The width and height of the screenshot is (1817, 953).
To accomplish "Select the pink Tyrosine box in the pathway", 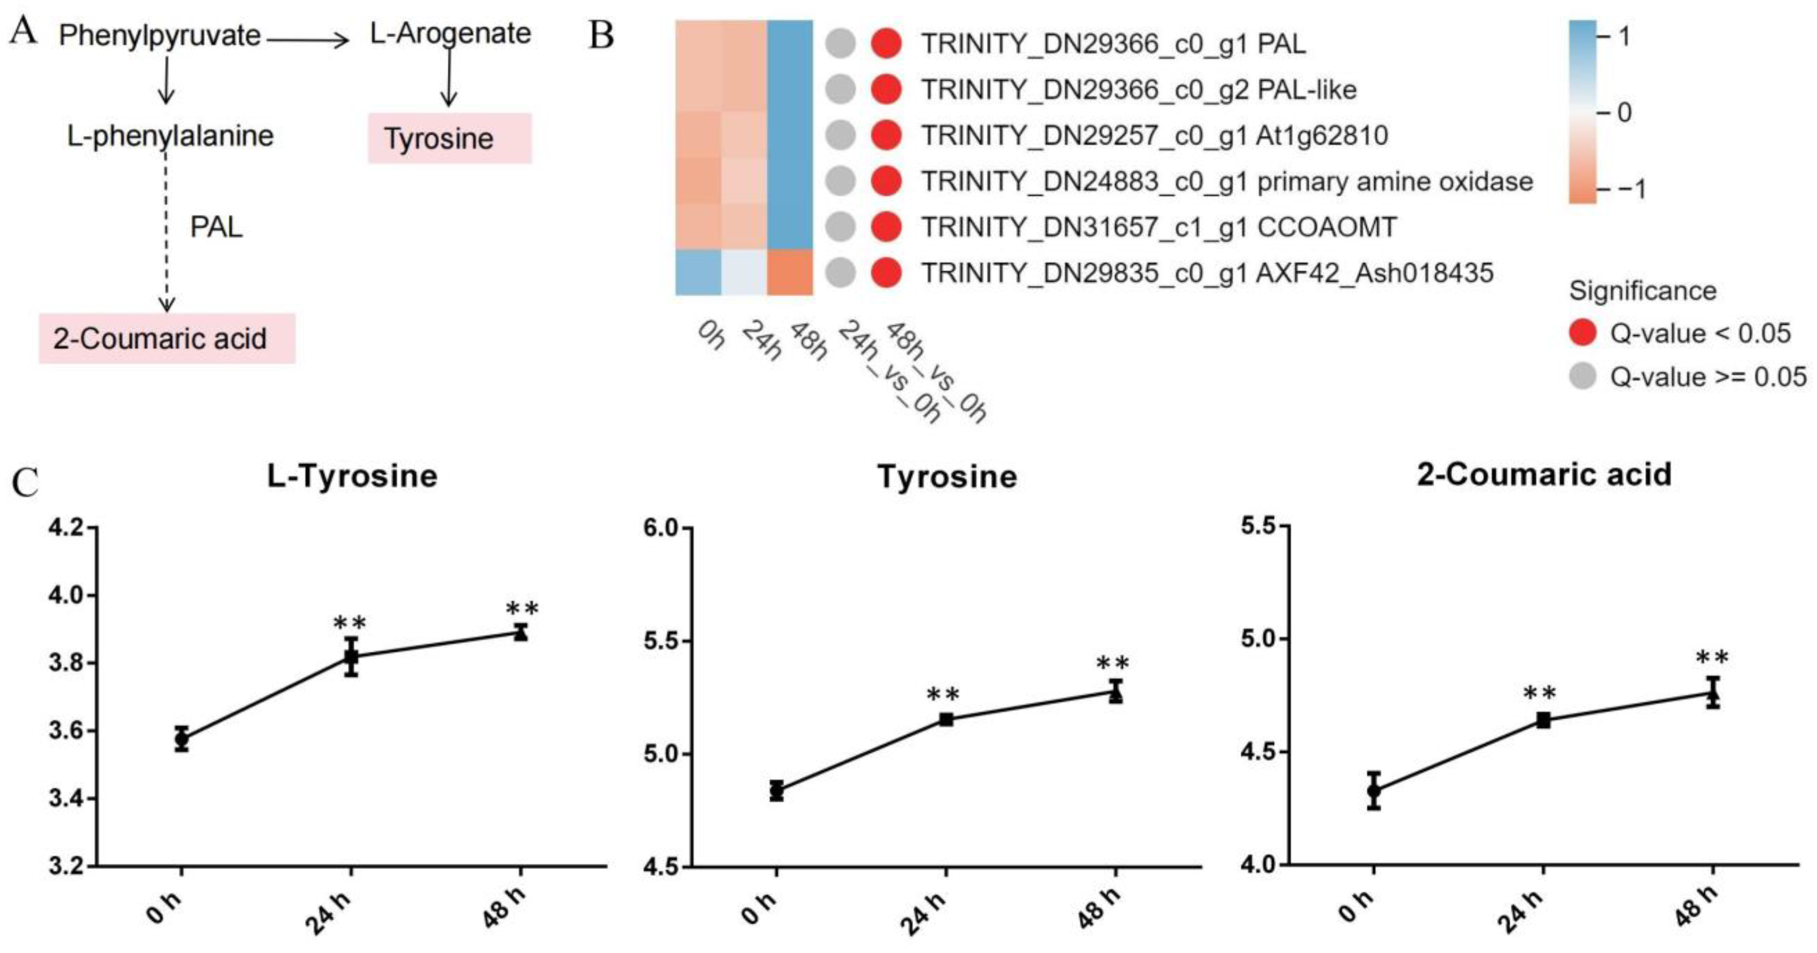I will (x=449, y=138).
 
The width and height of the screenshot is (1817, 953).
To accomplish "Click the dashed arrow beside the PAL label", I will (x=166, y=233).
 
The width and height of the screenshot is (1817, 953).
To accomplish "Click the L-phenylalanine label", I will (x=170, y=135).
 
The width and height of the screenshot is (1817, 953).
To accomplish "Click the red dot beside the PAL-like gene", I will (x=886, y=90).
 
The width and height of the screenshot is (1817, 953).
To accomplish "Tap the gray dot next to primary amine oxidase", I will (x=840, y=181).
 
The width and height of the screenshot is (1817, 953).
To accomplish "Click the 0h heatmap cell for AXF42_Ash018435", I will (x=698, y=272).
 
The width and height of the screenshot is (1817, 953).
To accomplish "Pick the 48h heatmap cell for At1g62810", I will (x=790, y=135).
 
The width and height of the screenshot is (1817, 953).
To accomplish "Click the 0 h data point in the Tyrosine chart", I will (x=776, y=791).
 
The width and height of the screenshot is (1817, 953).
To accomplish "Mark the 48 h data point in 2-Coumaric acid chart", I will (x=1713, y=694).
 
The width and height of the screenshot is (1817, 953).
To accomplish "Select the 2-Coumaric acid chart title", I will (x=1544, y=474).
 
